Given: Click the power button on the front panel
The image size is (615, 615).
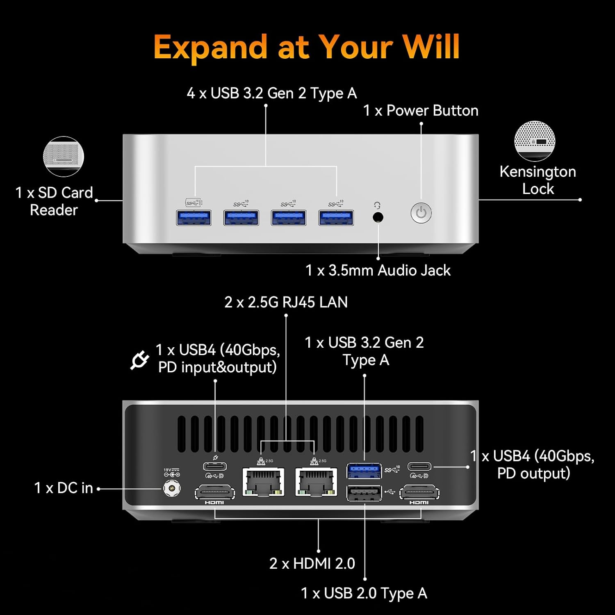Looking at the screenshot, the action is [x=421, y=213].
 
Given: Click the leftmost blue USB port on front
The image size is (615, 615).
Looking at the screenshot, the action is [x=194, y=218].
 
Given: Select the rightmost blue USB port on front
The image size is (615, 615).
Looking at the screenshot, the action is [x=336, y=218].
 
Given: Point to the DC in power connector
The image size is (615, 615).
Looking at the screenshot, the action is [x=172, y=488].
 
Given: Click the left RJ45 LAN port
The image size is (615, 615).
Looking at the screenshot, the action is [x=263, y=482].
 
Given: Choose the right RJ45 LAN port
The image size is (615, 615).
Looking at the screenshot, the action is [x=316, y=482].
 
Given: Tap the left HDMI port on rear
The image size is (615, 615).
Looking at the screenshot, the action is [x=215, y=492].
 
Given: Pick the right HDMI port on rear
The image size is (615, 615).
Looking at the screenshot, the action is [x=419, y=492].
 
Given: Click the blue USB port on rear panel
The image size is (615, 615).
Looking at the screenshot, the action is [x=364, y=471].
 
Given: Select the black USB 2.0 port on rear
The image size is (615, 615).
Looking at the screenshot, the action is [x=364, y=493].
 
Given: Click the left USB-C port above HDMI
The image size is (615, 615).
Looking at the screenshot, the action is [x=215, y=467].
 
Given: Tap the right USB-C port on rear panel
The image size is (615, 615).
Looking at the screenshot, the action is [x=419, y=467].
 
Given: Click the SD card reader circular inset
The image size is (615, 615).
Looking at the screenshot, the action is [x=64, y=157].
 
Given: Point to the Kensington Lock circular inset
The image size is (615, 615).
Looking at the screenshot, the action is [x=535, y=141].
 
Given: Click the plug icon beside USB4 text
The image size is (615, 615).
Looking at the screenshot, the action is [x=139, y=360].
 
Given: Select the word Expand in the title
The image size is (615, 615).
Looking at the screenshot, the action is [x=210, y=47].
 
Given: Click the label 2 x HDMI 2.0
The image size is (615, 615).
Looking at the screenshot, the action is [x=312, y=563].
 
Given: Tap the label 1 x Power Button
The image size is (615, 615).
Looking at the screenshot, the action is [x=421, y=110].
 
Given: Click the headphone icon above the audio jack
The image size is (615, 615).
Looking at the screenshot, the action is [x=377, y=205].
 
